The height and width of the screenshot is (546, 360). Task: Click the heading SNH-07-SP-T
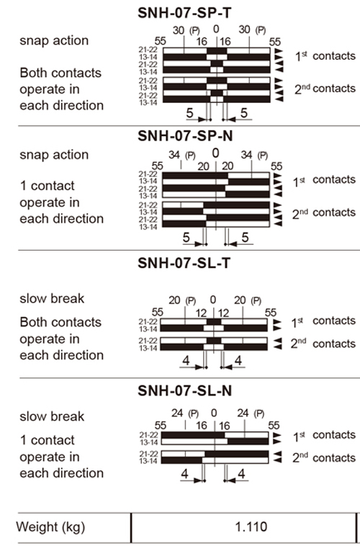click(184, 13)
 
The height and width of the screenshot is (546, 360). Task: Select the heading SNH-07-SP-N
click(185, 135)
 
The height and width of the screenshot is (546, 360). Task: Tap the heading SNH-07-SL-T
click(184, 263)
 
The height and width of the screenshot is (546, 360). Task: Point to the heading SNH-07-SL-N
click(184, 390)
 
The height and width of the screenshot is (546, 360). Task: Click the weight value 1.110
click(251, 527)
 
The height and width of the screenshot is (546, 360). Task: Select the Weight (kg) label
click(51, 527)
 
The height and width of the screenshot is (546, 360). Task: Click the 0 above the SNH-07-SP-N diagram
click(215, 153)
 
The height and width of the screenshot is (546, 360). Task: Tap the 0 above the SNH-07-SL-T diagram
click(212, 300)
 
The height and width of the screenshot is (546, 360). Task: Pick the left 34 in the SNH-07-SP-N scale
click(174, 155)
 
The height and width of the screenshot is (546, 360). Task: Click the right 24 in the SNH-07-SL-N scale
click(243, 413)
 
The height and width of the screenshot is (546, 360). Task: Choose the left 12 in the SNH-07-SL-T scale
click(201, 313)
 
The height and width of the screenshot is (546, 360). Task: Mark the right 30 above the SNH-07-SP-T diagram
click(244, 30)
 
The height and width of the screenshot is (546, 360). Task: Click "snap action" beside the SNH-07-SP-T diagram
click(54, 40)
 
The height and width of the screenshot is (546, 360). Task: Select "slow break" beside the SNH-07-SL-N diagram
click(52, 416)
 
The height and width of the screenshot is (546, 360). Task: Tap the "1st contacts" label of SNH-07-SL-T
click(323, 321)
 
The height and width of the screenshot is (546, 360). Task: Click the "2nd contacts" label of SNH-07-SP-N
click(324, 212)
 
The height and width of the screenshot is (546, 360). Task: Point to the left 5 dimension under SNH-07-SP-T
click(189, 113)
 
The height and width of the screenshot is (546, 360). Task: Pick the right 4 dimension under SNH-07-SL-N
click(241, 474)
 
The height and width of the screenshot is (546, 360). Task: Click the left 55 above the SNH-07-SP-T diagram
click(160, 42)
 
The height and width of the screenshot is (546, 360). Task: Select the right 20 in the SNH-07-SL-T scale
click(240, 300)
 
